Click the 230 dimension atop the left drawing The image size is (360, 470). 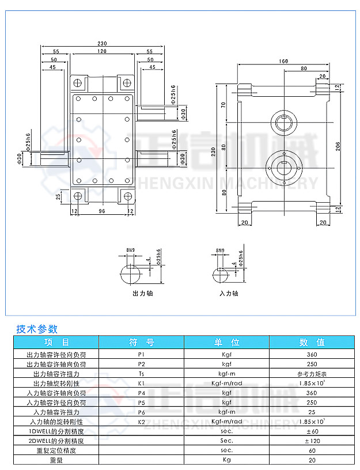coord(103,44)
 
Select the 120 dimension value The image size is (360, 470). coord(102,52)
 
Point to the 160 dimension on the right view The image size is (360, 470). coord(284,61)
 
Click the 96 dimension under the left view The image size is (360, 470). coord(102,211)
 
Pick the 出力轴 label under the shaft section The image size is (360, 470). coord(142,293)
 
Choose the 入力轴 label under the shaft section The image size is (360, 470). coord(229,293)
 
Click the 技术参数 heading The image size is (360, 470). coord(38,329)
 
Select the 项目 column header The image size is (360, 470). coord(56,342)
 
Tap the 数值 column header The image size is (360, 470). coord(312,342)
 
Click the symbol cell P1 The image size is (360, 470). coord(142,355)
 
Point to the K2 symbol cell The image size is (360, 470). coord(142,422)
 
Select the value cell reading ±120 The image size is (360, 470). coord(312,441)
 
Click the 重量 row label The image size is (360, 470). coord(56,460)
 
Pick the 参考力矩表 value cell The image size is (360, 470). coord(312,374)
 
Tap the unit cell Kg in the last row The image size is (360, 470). coord(226,460)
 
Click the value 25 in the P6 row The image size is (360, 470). coord(312,412)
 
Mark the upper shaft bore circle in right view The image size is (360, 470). coord(285,122)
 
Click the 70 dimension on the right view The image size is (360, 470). coord(223,105)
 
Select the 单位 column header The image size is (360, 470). coord(226,342)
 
